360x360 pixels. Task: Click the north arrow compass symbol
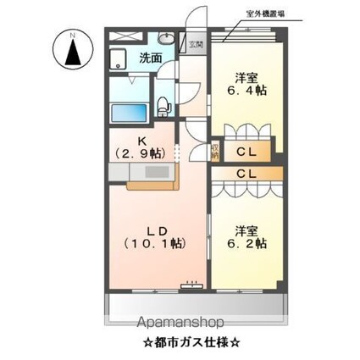[x=72, y=50]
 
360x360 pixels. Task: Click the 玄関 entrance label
[x=196, y=45]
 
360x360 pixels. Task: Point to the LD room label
[x=154, y=230]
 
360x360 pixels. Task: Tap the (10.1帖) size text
[x=154, y=243]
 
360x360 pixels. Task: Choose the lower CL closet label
[x=247, y=174]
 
